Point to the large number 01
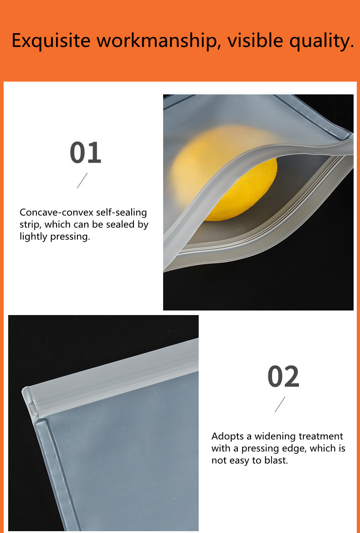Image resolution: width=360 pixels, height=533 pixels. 85,153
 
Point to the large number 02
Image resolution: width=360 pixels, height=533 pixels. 283,377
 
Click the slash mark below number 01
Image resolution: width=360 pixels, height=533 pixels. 82,181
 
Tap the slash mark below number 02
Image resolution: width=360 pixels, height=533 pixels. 280,404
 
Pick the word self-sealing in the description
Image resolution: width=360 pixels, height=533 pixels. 122,212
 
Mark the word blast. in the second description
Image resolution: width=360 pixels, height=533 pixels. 276,460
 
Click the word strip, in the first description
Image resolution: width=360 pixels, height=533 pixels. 30,225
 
